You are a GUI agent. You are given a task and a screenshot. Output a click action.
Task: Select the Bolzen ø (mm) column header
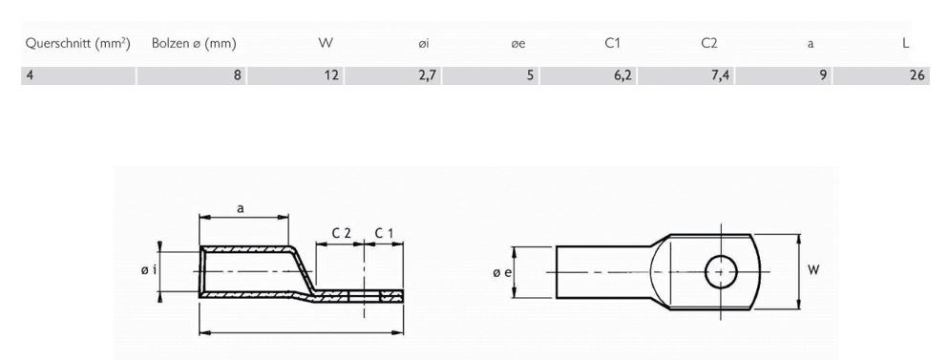[x=194, y=44]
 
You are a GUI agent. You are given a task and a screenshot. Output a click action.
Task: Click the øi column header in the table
[x=427, y=44]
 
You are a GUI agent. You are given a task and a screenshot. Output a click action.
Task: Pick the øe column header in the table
[x=519, y=44]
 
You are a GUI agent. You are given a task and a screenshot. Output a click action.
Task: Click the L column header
[x=905, y=44]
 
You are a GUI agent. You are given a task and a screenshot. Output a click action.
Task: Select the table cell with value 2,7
[x=426, y=75]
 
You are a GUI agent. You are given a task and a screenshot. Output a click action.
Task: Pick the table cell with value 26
[x=917, y=75]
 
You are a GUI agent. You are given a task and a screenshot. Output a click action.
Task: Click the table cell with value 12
[x=330, y=75]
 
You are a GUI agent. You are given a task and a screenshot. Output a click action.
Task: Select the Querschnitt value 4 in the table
[x=31, y=75]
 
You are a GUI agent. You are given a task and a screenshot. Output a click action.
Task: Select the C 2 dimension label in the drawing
[x=341, y=233]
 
